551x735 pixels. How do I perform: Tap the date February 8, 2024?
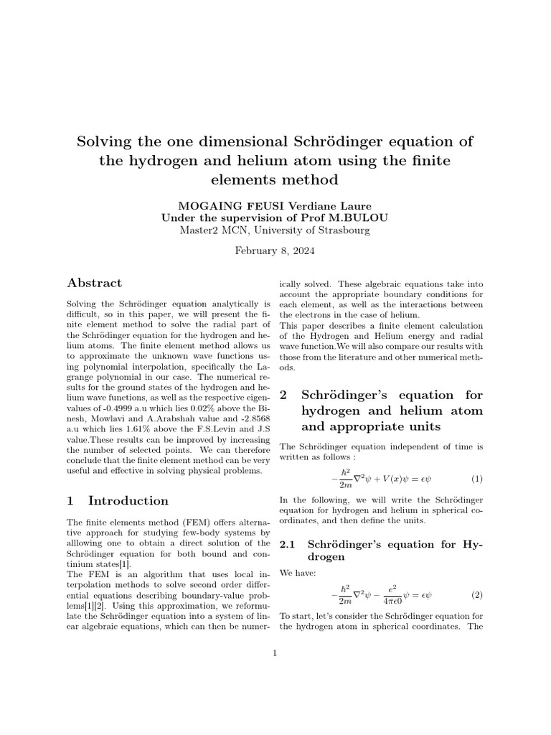coord(275,251)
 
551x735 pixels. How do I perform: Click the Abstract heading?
coord(94,283)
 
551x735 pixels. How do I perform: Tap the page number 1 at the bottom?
coord(275,652)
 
